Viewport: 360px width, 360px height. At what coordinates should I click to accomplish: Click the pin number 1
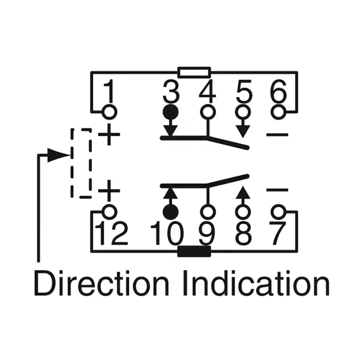click(109, 92)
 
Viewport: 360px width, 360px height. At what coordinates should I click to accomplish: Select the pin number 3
click(171, 92)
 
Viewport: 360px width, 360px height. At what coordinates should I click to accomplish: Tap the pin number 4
click(207, 92)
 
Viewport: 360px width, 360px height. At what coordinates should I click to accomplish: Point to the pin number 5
click(244, 92)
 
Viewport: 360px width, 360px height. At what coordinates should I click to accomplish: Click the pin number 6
click(278, 92)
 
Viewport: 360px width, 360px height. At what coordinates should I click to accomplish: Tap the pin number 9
click(208, 234)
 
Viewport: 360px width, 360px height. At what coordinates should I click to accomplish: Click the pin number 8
click(243, 234)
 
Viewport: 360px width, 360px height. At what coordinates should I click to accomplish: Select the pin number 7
click(277, 234)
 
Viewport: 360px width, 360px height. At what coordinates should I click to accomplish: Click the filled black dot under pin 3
click(171, 112)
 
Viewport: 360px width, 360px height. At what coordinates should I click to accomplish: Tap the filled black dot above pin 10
click(171, 211)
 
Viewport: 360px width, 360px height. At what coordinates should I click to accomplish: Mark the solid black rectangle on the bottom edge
click(194, 251)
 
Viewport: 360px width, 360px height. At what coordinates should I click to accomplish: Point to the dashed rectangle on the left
click(81, 163)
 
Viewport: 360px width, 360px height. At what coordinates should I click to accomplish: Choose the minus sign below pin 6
click(277, 134)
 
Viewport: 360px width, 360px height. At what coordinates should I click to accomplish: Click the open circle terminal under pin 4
click(208, 112)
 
